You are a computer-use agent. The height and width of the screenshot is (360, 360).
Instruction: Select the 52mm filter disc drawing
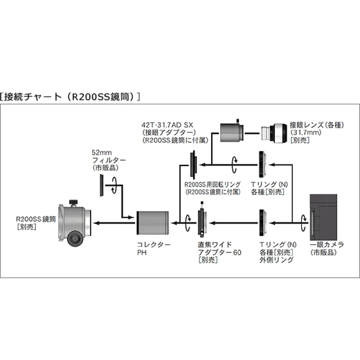click(102, 185)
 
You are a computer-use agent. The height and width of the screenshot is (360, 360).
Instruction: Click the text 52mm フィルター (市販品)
click(108, 160)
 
